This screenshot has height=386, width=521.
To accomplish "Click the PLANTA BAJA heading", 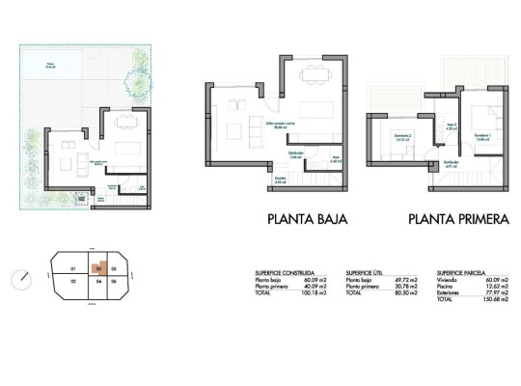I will tap(306, 219).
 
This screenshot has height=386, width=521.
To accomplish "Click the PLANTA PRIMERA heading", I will tap(457, 219).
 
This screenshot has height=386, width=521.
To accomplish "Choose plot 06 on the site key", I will tap(114, 282).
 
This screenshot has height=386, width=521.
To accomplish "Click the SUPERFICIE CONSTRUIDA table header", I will tap(285, 273).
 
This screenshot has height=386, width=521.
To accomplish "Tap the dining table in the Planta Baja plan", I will tap(311, 76).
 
